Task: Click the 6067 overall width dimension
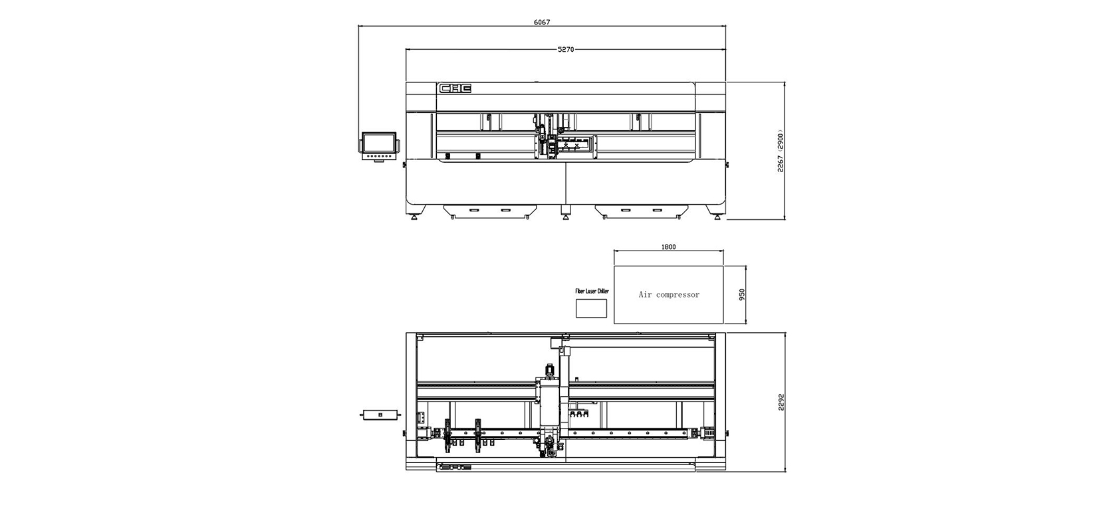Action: coord(541,22)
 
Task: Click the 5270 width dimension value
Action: coord(565,49)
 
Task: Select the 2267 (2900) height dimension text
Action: coord(781,151)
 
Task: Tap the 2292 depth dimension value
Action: coord(781,403)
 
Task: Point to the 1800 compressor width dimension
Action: coord(668,247)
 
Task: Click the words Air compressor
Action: coord(669,294)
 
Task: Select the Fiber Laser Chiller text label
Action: coord(592,291)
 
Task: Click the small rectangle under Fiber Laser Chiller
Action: coord(592,308)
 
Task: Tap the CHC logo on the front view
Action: coord(455,88)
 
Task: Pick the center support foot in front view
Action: coord(566,211)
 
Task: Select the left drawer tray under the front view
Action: coord(491,211)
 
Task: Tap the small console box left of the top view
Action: coord(380,415)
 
